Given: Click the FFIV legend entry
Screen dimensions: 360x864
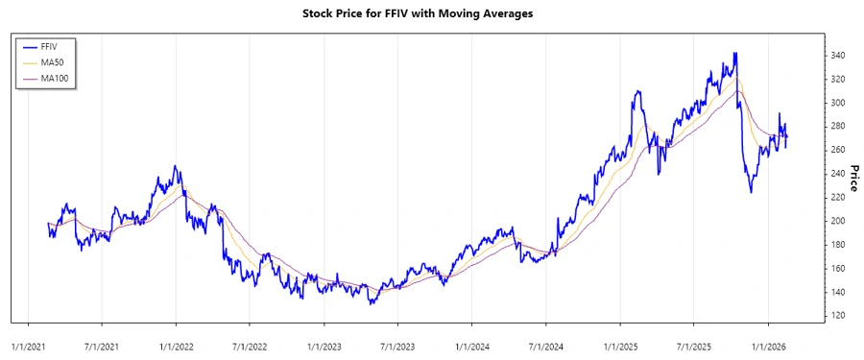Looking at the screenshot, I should point(50,45).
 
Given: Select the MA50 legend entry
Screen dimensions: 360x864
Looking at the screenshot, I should point(52,61).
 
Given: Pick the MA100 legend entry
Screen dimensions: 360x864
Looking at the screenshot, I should point(54,78).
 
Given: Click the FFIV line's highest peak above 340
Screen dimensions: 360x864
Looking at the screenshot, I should point(735,54).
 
